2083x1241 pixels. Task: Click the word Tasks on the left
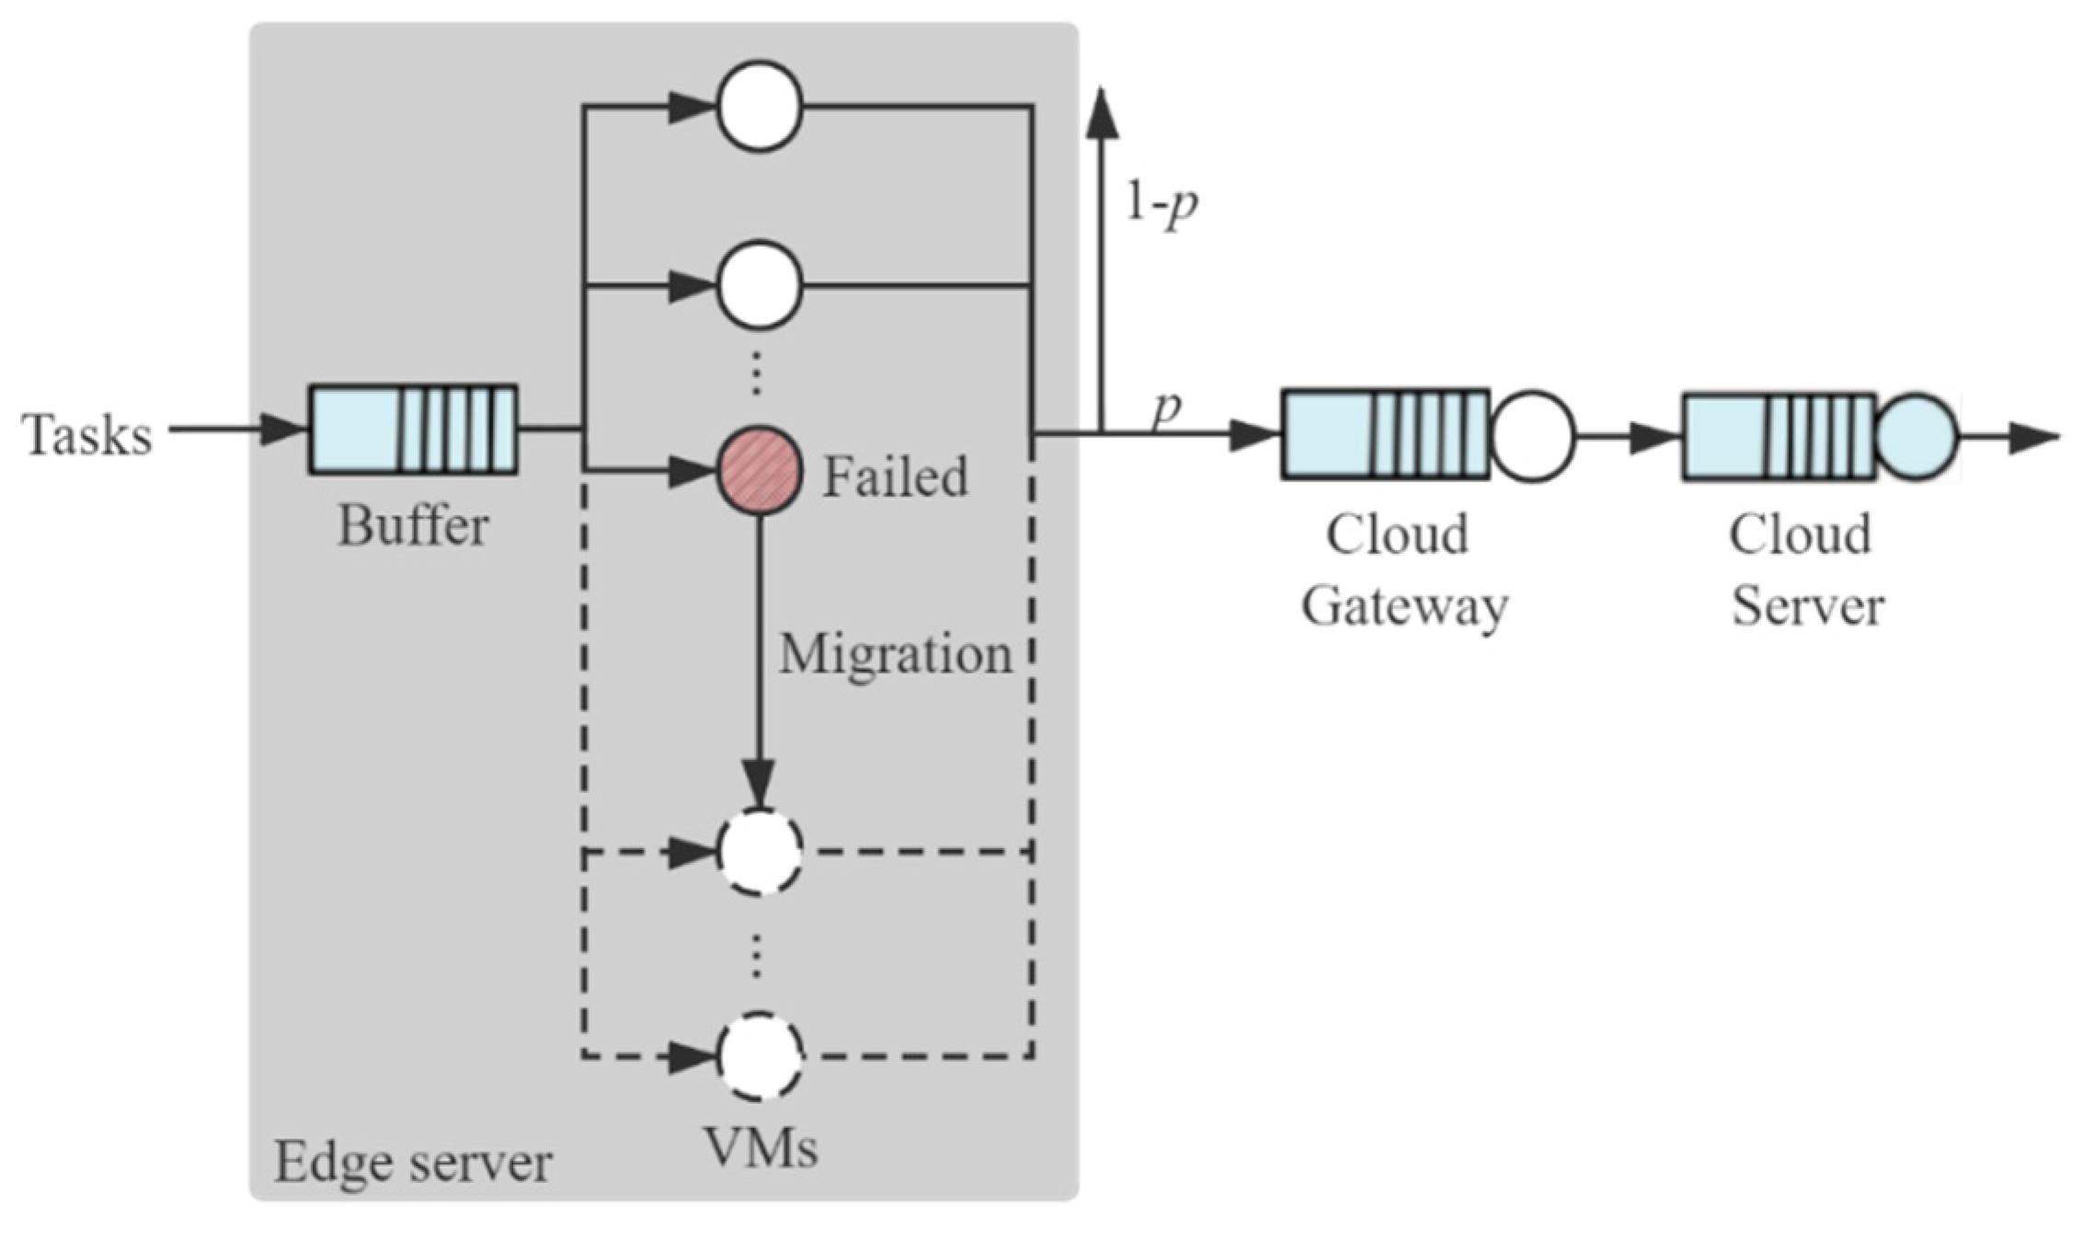pyautogui.click(x=86, y=435)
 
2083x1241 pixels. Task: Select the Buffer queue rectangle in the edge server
pyautogui.click(x=412, y=430)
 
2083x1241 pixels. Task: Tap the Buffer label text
pyautogui.click(x=413, y=527)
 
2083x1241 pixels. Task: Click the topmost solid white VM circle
pyautogui.click(x=760, y=107)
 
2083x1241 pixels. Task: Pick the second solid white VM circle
pyautogui.click(x=760, y=285)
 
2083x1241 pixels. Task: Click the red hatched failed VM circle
pyautogui.click(x=760, y=471)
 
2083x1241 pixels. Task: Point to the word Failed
pyautogui.click(x=894, y=477)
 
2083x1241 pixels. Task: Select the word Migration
pyautogui.click(x=895, y=656)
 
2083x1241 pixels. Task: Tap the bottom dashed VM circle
pyautogui.click(x=760, y=1056)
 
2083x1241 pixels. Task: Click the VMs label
pyautogui.click(x=761, y=1148)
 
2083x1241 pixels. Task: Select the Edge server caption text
pyautogui.click(x=413, y=1163)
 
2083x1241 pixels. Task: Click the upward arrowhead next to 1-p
pyautogui.click(x=1102, y=115)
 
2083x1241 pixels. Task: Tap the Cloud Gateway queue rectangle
pyautogui.click(x=1385, y=434)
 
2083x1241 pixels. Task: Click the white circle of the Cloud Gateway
pyautogui.click(x=1531, y=436)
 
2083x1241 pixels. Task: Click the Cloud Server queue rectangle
pyautogui.click(x=1779, y=437)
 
